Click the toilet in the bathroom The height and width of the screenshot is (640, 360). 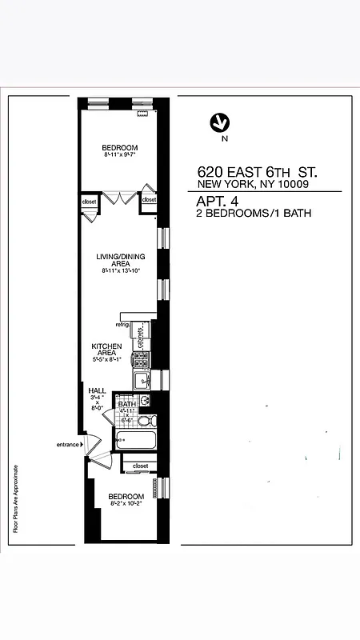point(145,420)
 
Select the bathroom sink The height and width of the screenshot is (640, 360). point(145,400)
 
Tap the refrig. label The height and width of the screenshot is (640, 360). point(122,325)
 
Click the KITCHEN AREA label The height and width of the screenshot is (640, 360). point(106,350)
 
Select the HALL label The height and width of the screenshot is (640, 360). point(97,390)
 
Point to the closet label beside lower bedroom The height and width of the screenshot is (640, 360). point(141,466)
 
